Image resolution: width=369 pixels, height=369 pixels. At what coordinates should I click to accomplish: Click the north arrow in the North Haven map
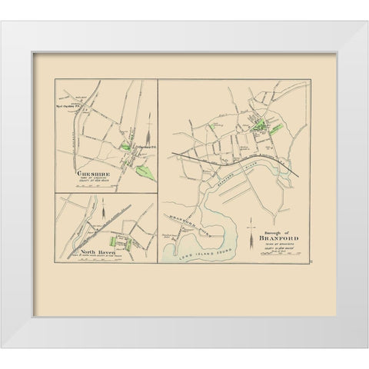100,206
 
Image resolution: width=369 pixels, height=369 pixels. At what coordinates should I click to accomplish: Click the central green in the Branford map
264,121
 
